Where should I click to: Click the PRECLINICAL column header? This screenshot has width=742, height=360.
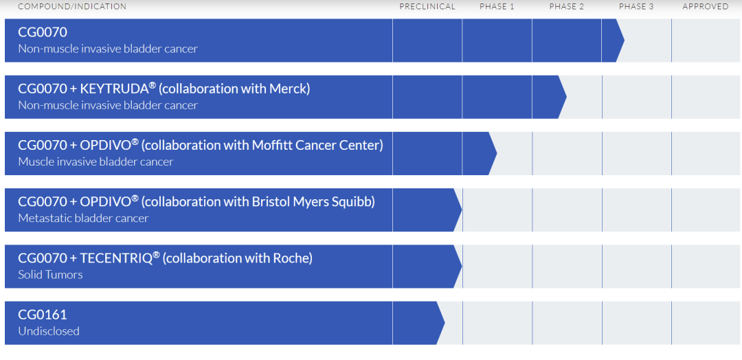[x=427, y=7]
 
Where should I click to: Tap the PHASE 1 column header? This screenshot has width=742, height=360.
[x=497, y=7]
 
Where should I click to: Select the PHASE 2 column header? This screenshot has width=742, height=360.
[x=566, y=7]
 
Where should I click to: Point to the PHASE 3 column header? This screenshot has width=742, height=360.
[x=636, y=7]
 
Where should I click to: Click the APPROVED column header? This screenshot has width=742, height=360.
[x=706, y=7]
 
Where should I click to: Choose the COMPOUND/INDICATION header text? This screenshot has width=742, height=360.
[x=72, y=7]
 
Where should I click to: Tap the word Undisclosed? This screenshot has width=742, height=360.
[x=49, y=331]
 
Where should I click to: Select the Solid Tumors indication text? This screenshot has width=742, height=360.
[x=50, y=275]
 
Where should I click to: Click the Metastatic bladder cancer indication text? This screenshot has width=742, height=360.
[x=83, y=218]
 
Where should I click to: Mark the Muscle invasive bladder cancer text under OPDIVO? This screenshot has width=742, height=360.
[x=95, y=161]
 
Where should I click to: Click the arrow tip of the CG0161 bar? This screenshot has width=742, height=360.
[x=445, y=323]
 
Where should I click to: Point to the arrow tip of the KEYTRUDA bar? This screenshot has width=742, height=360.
[x=566, y=96]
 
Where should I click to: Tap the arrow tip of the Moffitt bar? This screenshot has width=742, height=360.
[x=497, y=153]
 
